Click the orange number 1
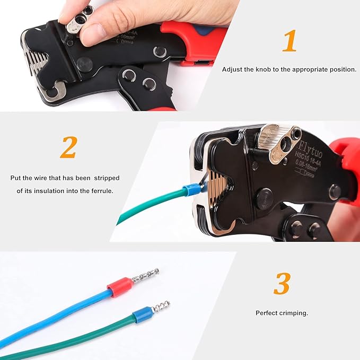pos(289,41)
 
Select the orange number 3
pos(282,285)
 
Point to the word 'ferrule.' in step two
pos(99,190)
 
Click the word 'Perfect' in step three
pos(267,313)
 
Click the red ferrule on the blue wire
pos(119,286)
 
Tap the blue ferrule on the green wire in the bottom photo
pos(142,315)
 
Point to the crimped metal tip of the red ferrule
pos(145,275)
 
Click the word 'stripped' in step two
pos(104,178)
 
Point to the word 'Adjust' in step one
pos(231,69)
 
